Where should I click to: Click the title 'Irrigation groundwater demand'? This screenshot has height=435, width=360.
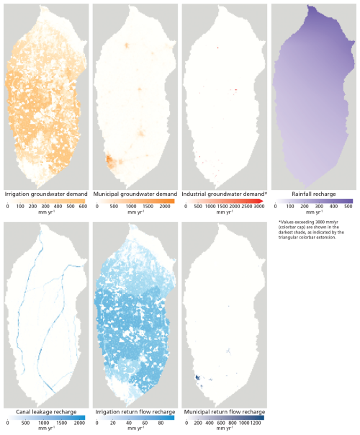click(46, 194)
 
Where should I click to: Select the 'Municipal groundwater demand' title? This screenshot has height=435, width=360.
click(135, 194)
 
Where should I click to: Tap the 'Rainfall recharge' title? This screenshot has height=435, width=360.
click(314, 194)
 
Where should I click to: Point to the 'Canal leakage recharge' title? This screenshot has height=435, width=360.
click(46, 412)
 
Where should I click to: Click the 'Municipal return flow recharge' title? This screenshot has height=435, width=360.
click(225, 412)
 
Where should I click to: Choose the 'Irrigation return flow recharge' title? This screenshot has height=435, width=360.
click(135, 412)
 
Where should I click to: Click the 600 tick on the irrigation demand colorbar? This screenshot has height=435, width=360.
click(83, 207)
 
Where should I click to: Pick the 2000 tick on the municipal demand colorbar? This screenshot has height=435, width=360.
click(165, 207)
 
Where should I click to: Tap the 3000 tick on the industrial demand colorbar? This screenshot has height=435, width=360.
click(258, 207)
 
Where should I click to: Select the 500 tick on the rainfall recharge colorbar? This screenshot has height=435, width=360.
click(348, 207)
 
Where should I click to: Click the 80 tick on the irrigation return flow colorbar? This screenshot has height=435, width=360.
click(161, 423)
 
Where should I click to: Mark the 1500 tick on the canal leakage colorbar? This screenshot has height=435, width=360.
click(62, 423)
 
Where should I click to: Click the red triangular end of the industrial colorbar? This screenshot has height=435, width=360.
click(261, 201)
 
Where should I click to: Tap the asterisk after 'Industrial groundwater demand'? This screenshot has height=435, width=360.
click(266, 193)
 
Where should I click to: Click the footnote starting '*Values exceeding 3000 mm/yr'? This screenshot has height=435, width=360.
click(311, 230)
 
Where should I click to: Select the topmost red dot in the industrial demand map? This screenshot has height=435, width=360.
click(217, 48)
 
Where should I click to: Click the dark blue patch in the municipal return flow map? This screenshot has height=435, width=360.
click(197, 377)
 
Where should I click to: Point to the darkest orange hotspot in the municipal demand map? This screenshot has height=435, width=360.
click(109, 159)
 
